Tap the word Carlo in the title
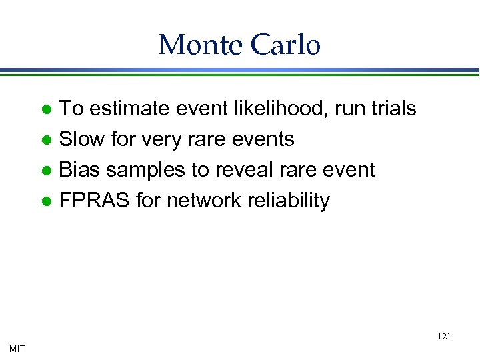click(x=285, y=45)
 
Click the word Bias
click(x=80, y=169)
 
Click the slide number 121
click(x=444, y=337)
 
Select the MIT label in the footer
click(x=18, y=348)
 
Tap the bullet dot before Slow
click(x=47, y=140)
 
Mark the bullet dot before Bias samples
click(x=47, y=171)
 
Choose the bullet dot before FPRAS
click(x=47, y=201)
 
